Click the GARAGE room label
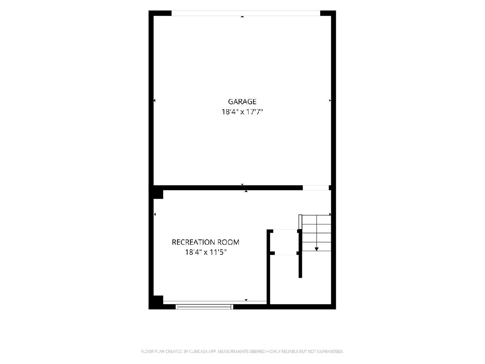[x=242, y=102]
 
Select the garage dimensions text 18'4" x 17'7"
[x=242, y=112]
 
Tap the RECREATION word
[x=193, y=242]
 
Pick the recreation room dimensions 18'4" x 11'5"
[x=206, y=252]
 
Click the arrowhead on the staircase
[x=316, y=249]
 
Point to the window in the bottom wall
[x=205, y=307]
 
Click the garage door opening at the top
[x=246, y=13]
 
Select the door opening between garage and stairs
[x=316, y=188]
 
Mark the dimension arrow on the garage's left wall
[x=154, y=101]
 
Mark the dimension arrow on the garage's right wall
[x=330, y=101]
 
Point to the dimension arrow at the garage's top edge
[x=242, y=17]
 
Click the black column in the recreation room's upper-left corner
[x=158, y=194]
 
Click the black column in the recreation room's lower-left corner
[x=158, y=300]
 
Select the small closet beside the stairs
[x=285, y=242]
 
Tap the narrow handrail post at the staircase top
[x=300, y=222]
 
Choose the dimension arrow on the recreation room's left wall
[x=155, y=214]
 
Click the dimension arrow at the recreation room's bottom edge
[x=246, y=300]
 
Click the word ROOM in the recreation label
[x=228, y=242]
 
